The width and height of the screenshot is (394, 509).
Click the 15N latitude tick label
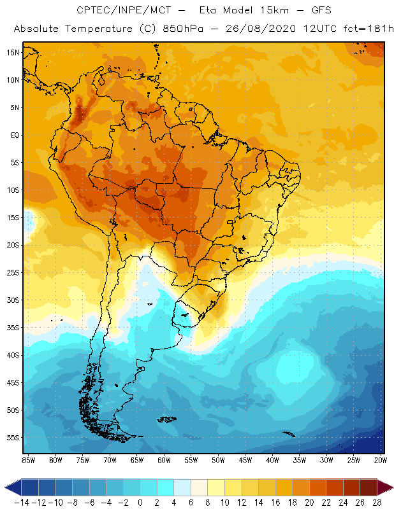[x=12, y=52]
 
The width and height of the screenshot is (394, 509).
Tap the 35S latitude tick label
[x=12, y=328]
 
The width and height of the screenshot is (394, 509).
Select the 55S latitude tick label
[x=12, y=438]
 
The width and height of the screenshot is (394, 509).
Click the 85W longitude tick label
[x=28, y=459]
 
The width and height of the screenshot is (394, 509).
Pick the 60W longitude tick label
[x=164, y=459]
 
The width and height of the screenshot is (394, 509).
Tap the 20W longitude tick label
[x=381, y=459]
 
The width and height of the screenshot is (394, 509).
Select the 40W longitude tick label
[x=272, y=459]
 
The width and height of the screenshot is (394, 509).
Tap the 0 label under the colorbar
[x=140, y=503]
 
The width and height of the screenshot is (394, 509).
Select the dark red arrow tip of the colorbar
[x=385, y=487]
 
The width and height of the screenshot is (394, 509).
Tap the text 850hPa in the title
[x=171, y=29]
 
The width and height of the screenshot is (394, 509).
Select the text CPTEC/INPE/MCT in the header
[x=120, y=11]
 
